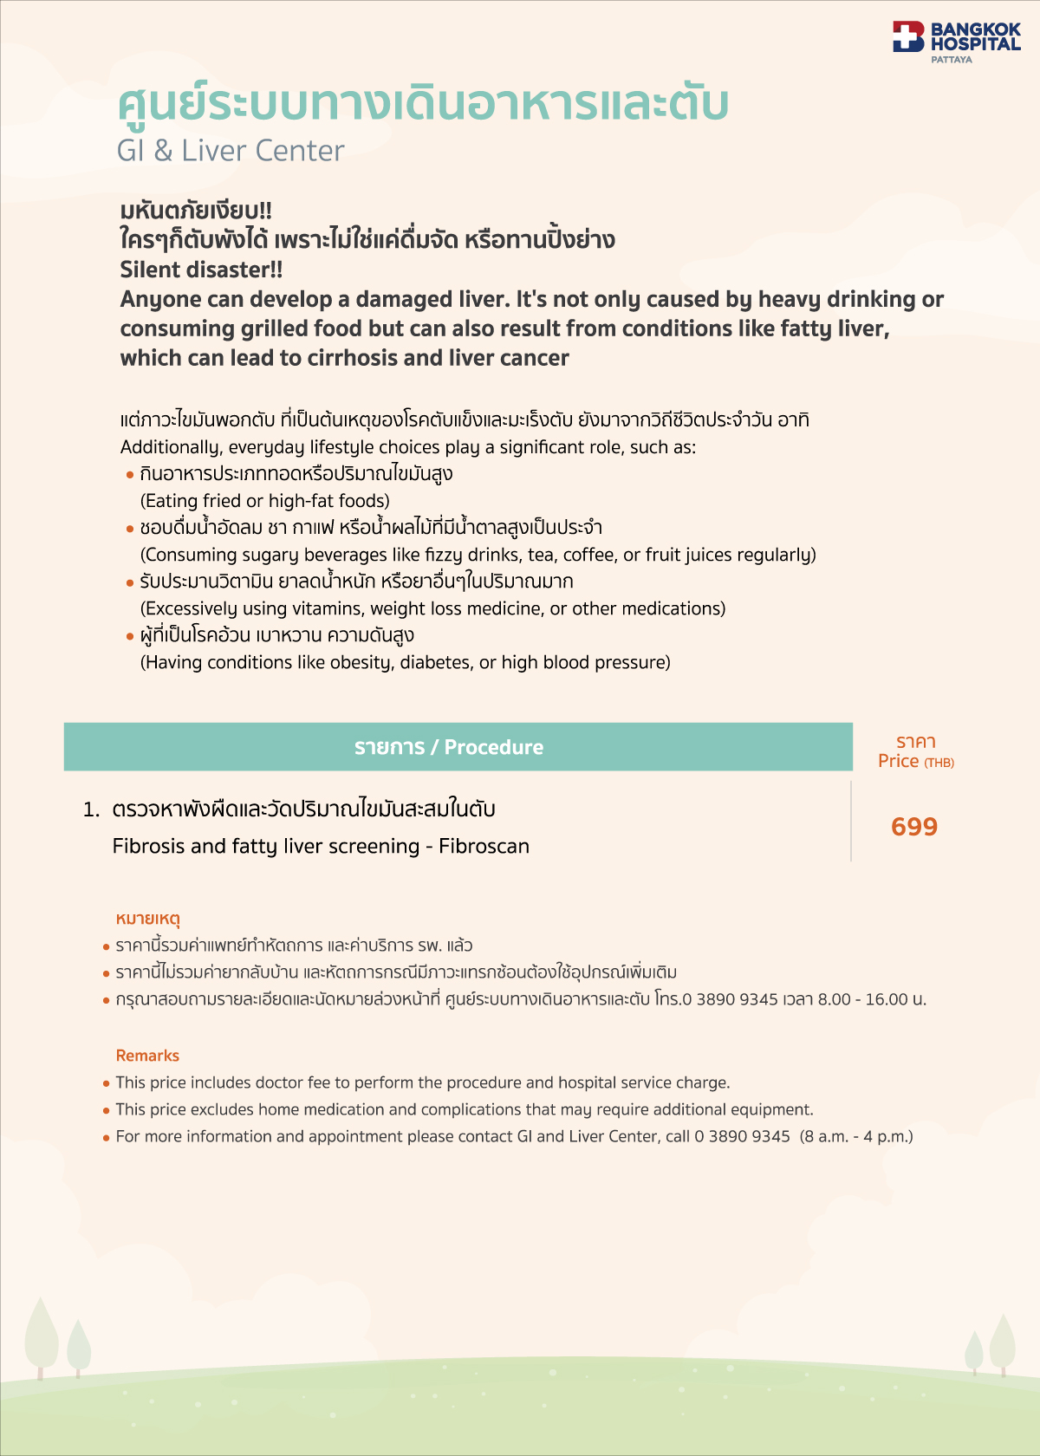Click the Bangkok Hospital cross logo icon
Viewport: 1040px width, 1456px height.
coord(908,36)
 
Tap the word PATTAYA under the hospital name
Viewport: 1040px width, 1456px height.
coord(952,60)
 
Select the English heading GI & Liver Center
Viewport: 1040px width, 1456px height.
coord(231,151)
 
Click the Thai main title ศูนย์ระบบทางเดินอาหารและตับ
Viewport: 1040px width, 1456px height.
coord(423,104)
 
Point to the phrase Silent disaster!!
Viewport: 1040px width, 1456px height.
coord(201,270)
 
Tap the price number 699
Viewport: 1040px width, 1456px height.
coord(914,827)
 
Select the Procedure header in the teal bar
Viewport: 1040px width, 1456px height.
coord(493,747)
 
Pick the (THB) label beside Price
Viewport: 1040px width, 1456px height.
coord(939,763)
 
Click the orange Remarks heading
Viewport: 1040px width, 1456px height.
coord(147,1056)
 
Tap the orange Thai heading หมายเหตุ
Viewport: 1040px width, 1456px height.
coord(147,919)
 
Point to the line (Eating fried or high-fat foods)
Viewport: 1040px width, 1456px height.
coord(265,501)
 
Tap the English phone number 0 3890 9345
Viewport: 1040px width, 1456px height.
coord(742,1136)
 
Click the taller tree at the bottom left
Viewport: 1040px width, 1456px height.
coord(41,1335)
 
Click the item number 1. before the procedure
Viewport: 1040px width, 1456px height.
coord(92,809)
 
